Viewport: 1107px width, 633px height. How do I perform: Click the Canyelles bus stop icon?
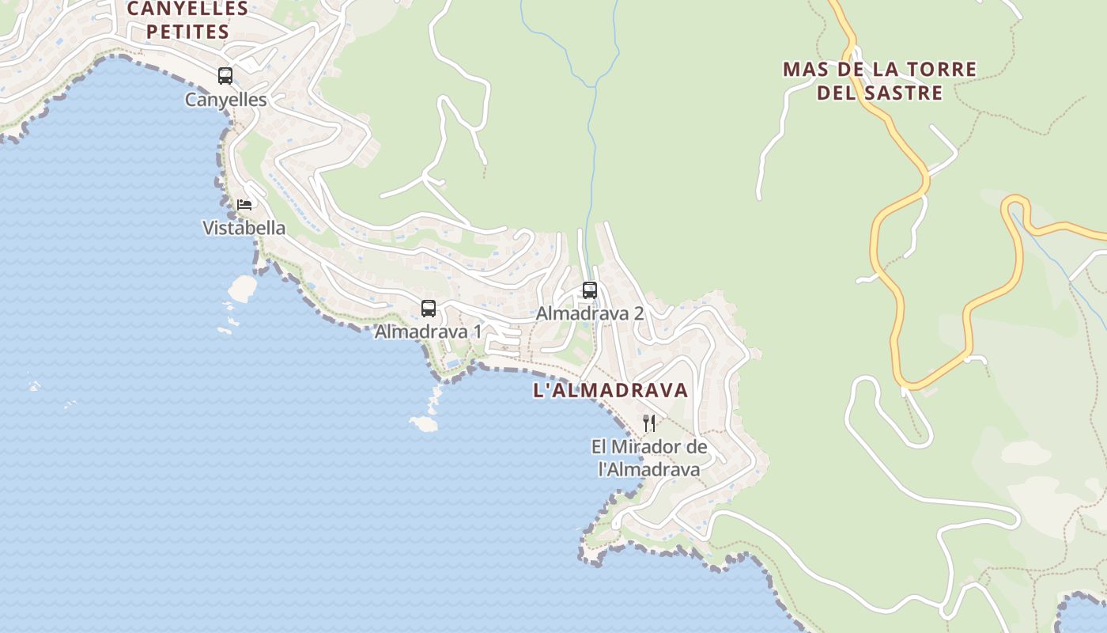[x=225, y=76]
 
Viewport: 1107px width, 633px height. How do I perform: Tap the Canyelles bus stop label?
[x=225, y=100]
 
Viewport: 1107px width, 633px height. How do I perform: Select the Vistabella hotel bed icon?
[x=244, y=204]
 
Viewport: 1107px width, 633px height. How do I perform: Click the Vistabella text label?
[x=244, y=228]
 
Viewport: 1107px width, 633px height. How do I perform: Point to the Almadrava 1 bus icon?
[x=429, y=309]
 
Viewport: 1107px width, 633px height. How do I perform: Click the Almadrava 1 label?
[x=427, y=332]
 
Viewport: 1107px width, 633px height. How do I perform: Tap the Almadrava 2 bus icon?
[x=590, y=290]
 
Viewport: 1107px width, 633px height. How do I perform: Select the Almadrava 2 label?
[x=590, y=313]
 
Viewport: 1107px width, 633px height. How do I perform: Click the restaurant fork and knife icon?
[x=649, y=423]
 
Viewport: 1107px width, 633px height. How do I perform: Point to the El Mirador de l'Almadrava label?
[x=649, y=458]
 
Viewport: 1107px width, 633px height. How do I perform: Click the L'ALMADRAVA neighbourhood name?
[x=610, y=390]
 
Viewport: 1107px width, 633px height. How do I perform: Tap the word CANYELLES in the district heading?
[x=187, y=9]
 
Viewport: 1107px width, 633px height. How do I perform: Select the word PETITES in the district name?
[x=187, y=32]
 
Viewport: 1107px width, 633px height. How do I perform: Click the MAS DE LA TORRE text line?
[x=879, y=70]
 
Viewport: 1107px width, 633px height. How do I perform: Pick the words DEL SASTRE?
[x=879, y=93]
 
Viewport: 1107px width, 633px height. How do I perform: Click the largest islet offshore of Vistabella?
[x=243, y=287]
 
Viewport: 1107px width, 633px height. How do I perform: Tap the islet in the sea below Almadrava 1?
[x=424, y=424]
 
